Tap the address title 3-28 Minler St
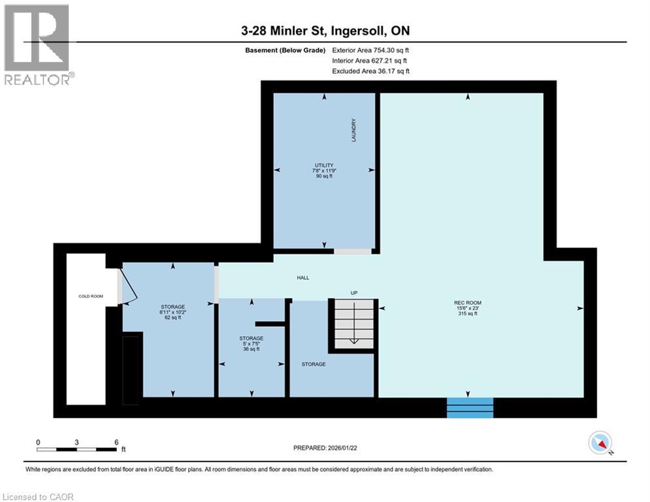325,31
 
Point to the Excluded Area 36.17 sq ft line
370,71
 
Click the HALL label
302,278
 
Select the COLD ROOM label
87,296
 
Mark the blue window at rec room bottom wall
470,407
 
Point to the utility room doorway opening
353,251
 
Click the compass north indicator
599,443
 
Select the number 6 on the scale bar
116,442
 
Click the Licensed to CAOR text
39,497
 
